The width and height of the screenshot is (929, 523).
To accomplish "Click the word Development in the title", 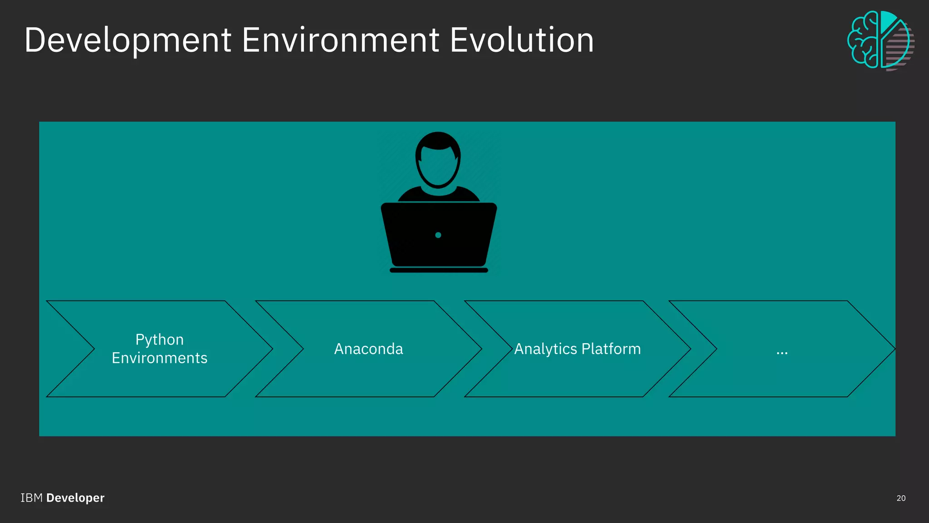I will [x=128, y=41].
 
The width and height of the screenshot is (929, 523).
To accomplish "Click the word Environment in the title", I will [x=340, y=41].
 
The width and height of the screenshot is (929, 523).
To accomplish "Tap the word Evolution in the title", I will [x=522, y=41].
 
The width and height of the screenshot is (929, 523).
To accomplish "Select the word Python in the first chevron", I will [x=160, y=340].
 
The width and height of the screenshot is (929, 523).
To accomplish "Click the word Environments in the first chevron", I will [x=160, y=358].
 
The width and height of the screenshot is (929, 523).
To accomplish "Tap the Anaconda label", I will [x=368, y=349].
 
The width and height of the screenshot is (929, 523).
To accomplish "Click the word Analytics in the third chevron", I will [x=545, y=349].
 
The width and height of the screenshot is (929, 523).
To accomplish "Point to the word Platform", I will [x=611, y=349].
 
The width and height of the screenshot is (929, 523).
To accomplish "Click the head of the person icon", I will [x=438, y=159].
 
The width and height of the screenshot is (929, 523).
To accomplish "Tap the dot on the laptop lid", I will [x=438, y=235].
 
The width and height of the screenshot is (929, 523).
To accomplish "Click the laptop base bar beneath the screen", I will [x=439, y=270].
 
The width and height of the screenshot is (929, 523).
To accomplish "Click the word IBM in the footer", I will [x=31, y=498].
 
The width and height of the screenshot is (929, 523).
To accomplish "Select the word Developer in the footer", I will [x=75, y=498].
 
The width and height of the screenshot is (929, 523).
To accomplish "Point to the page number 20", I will [x=901, y=498].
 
